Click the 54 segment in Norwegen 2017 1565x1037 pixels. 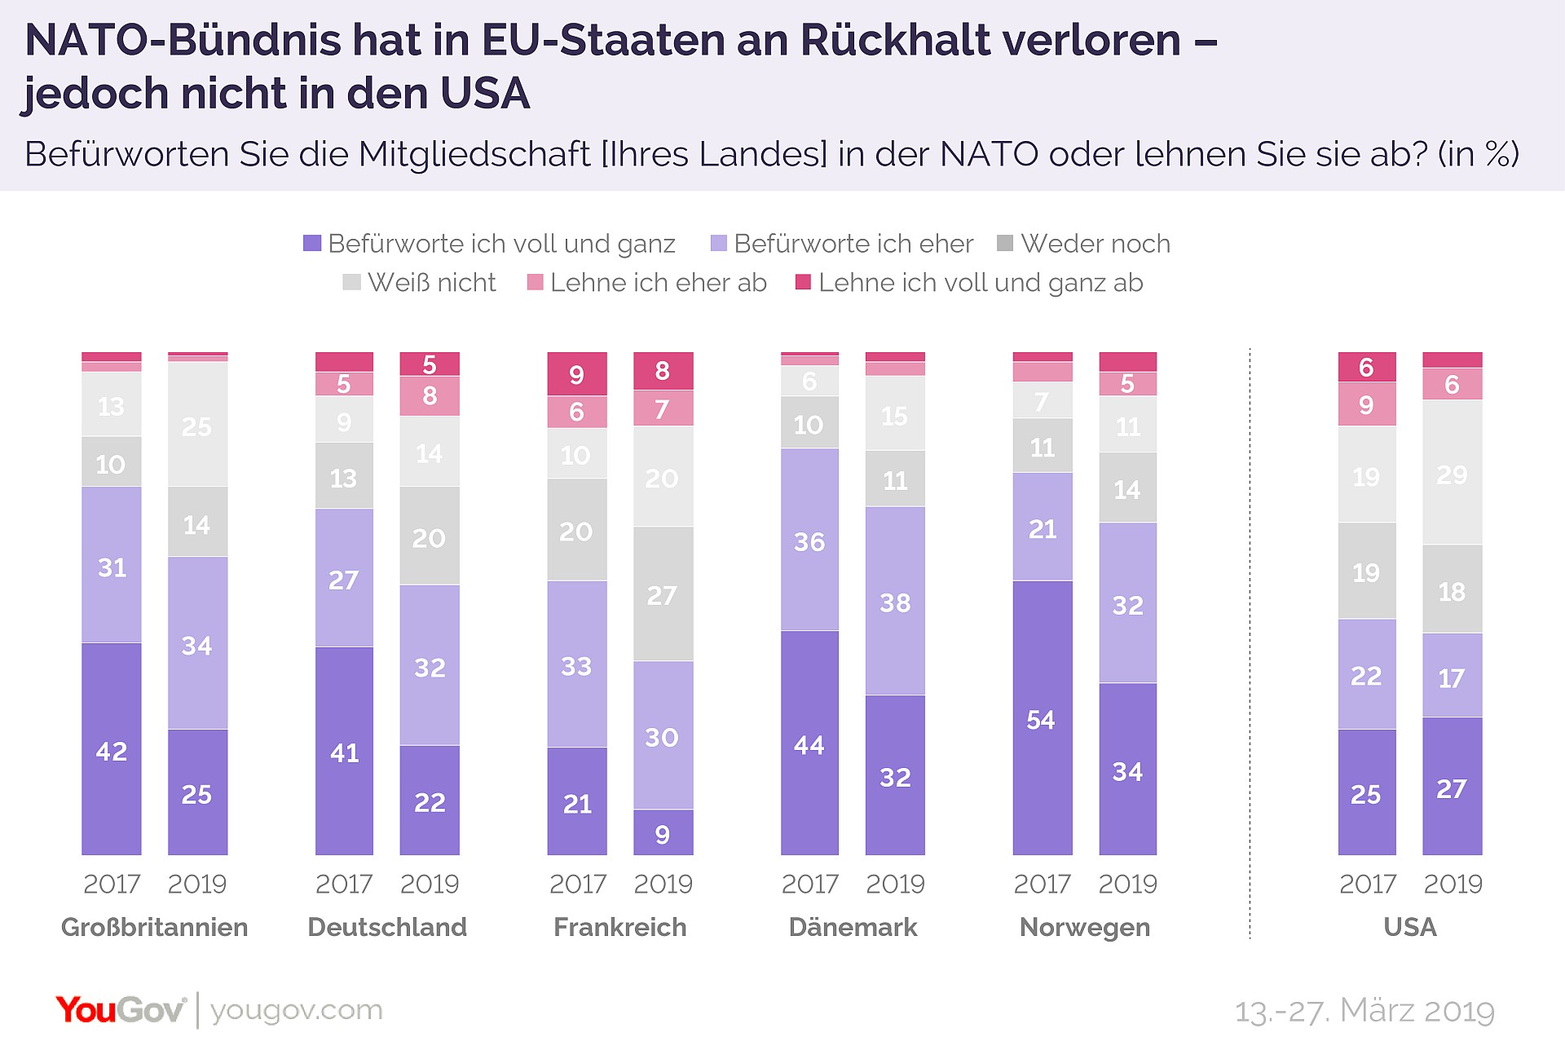tap(1043, 717)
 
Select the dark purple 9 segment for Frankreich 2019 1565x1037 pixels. tap(663, 832)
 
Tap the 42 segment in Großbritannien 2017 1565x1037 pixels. tap(112, 748)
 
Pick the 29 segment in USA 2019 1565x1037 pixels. tap(1453, 472)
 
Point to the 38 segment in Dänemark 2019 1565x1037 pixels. tap(895, 601)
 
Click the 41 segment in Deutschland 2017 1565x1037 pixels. tap(345, 751)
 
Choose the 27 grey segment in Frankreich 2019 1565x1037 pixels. tap(663, 594)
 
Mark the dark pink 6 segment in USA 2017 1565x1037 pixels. tap(1367, 367)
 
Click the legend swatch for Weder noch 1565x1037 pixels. tap(1005, 243)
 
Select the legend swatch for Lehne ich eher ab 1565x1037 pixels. tap(536, 282)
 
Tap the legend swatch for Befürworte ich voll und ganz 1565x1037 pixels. tap(312, 243)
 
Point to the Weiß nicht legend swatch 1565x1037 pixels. tap(351, 282)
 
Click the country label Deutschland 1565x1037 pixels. tap(387, 927)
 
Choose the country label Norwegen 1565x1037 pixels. tap(1085, 928)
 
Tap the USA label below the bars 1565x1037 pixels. tap(1410, 927)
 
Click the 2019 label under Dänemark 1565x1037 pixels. tap(895, 884)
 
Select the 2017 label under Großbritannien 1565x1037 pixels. tap(112, 884)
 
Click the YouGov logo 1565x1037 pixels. tap(121, 1010)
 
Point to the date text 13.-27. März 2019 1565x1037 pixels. tap(1364, 1011)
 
